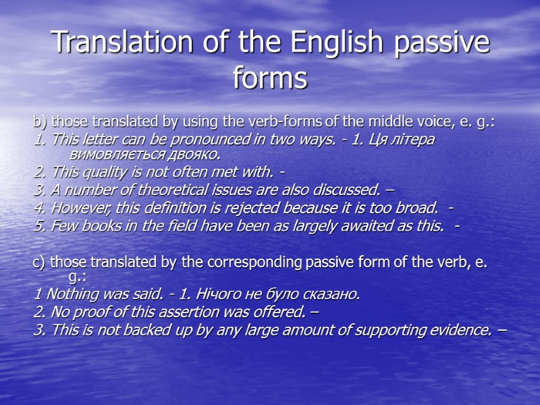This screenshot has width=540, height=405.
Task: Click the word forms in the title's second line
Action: [270, 78]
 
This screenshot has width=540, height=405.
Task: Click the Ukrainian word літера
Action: [415, 139]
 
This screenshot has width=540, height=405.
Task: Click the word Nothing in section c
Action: [63, 295]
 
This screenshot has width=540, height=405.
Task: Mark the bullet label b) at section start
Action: [40, 122]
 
